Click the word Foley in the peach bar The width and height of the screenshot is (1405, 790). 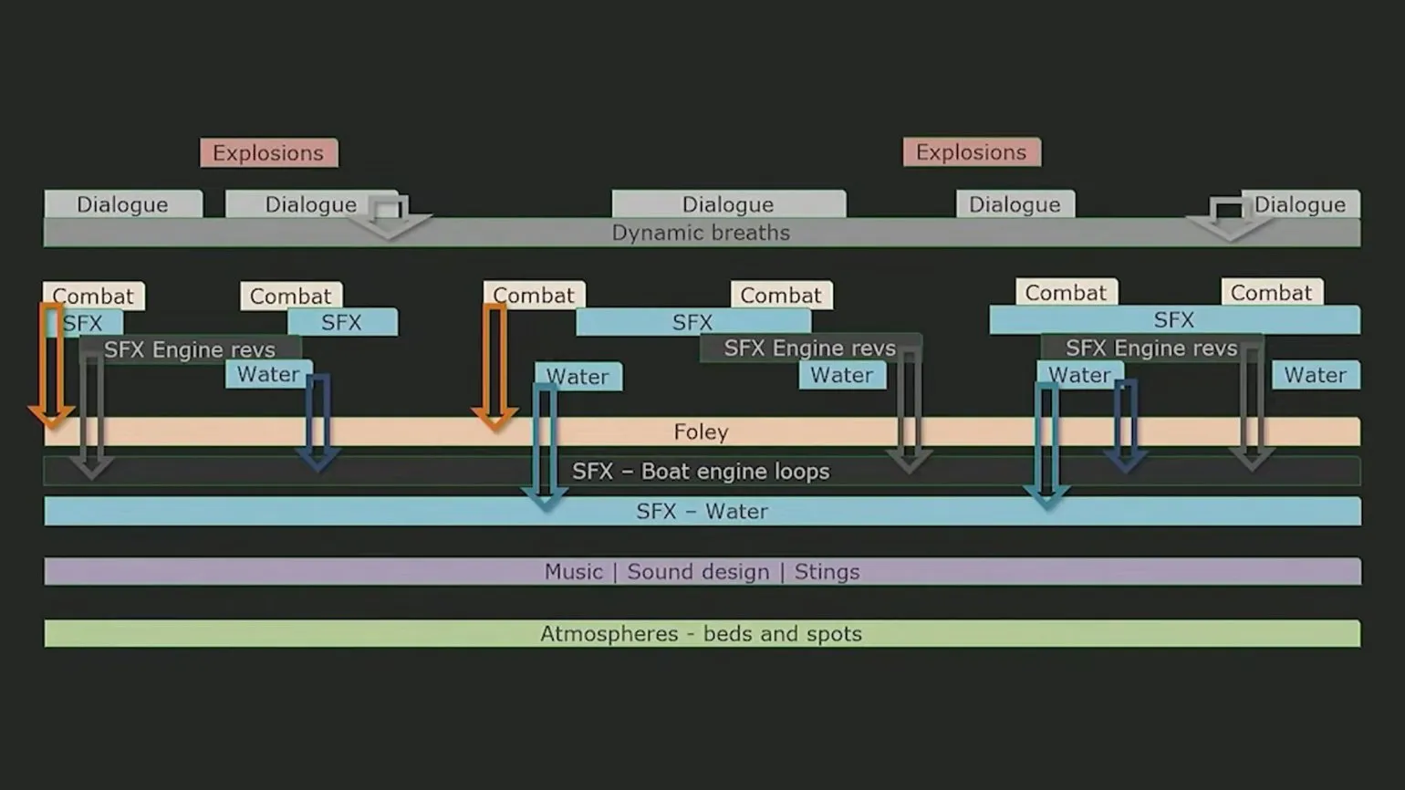[x=701, y=431]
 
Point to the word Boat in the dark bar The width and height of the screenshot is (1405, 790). [x=666, y=472]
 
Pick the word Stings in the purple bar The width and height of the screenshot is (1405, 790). [x=827, y=572]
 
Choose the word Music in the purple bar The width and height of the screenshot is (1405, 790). [x=573, y=572]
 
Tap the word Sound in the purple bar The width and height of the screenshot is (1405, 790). [x=653, y=572]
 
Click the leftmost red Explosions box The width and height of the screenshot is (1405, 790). [x=268, y=152]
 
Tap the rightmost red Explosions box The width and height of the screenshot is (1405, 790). [x=971, y=152]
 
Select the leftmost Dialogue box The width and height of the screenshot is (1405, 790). [x=122, y=204]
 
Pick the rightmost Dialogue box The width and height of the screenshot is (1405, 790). [x=1300, y=204]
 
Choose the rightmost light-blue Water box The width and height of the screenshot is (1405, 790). [x=1315, y=375]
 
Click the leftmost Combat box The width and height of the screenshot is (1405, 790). [x=93, y=296]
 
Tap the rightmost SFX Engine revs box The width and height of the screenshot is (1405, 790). [x=1150, y=348]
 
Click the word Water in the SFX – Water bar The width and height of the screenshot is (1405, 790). [x=736, y=512]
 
